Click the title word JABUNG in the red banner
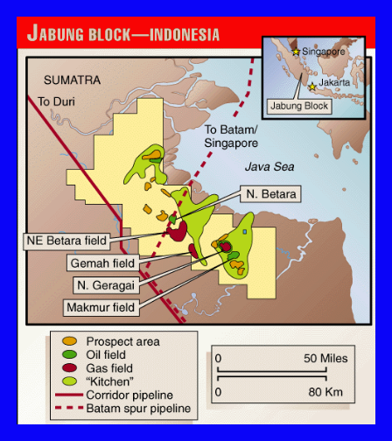tap(60, 34)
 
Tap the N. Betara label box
tap(271, 193)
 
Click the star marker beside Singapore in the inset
tap(296, 52)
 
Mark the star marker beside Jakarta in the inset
tap(313, 87)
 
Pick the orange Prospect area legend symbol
tap(70, 341)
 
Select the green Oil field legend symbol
tap(70, 354)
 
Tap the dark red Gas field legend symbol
tap(70, 368)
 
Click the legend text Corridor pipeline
tap(129, 395)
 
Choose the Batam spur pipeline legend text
tap(137, 408)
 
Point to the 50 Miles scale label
tap(325, 358)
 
